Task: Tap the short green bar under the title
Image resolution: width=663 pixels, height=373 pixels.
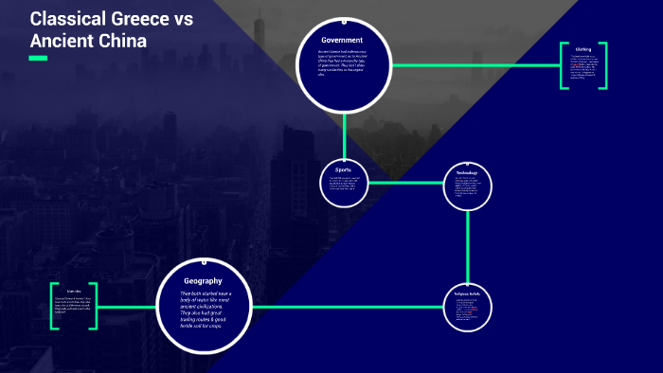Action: point(38,59)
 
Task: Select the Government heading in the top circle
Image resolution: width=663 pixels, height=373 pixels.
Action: point(343,40)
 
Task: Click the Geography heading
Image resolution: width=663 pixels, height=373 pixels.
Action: point(203,281)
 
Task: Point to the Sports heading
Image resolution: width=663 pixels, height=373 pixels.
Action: point(343,169)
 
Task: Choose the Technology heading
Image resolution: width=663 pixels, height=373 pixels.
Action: point(468,173)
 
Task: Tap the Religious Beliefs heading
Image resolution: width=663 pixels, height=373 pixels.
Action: point(468,294)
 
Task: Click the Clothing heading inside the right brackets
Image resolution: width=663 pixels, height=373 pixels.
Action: point(583,49)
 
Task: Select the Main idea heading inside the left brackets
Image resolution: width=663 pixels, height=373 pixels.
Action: point(74,292)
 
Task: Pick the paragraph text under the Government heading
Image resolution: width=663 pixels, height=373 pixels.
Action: point(343,64)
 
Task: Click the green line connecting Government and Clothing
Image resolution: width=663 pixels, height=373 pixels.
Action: point(474,65)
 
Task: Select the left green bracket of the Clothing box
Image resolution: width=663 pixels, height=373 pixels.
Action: point(563,65)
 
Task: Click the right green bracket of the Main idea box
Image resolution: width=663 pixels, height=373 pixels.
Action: point(95,306)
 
